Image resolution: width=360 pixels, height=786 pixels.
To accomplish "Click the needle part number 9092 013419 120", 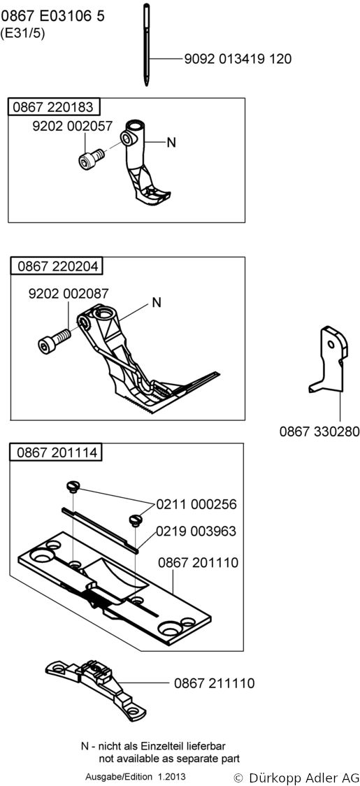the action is (238, 59).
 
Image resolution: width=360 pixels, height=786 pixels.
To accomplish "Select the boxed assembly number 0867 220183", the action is (53, 107).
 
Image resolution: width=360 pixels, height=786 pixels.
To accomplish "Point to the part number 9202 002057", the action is (72, 127).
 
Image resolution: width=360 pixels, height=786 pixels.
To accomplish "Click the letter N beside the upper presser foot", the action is (171, 143).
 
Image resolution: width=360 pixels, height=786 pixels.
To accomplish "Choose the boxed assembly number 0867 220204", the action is (57, 266).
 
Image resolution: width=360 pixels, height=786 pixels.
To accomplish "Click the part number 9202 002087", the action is (69, 293).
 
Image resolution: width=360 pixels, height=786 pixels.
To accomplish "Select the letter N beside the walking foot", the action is (157, 303).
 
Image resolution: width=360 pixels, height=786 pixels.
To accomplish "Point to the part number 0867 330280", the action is (320, 431).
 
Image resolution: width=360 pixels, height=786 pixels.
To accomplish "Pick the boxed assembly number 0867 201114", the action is (57, 452).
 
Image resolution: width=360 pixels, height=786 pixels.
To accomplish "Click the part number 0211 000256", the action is (196, 504).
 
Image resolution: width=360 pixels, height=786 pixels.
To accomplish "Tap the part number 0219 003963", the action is (196, 531).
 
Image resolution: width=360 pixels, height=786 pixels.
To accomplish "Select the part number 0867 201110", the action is (198, 562).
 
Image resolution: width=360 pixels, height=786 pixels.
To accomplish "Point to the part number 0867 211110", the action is (215, 683).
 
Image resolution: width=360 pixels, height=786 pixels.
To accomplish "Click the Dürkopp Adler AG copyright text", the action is (296, 778).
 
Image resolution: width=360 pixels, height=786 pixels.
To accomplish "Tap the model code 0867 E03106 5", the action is (53, 17).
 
